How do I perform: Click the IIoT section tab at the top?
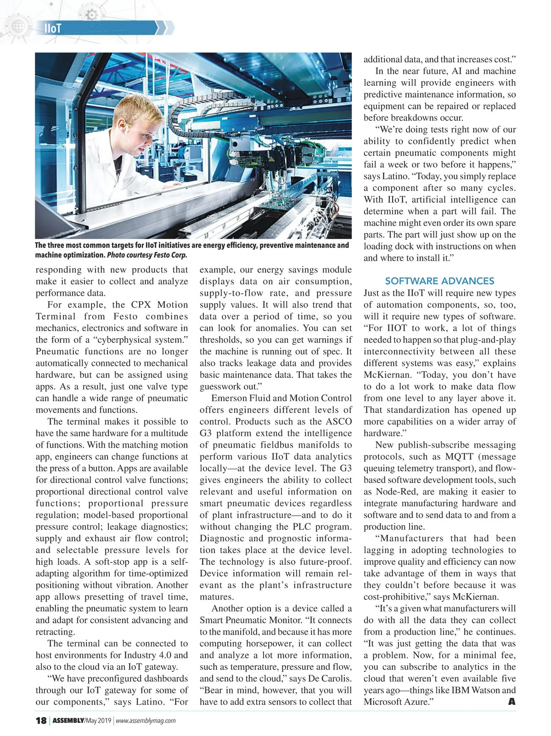click(53, 28)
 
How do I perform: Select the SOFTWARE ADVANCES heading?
click(439, 281)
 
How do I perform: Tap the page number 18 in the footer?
click(41, 720)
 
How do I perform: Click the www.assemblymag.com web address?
click(146, 721)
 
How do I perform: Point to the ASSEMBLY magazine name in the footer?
click(68, 721)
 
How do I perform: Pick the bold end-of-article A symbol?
click(512, 702)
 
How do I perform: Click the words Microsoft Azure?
click(395, 702)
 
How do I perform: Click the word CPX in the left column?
click(141, 305)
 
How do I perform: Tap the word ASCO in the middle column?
click(339, 421)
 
